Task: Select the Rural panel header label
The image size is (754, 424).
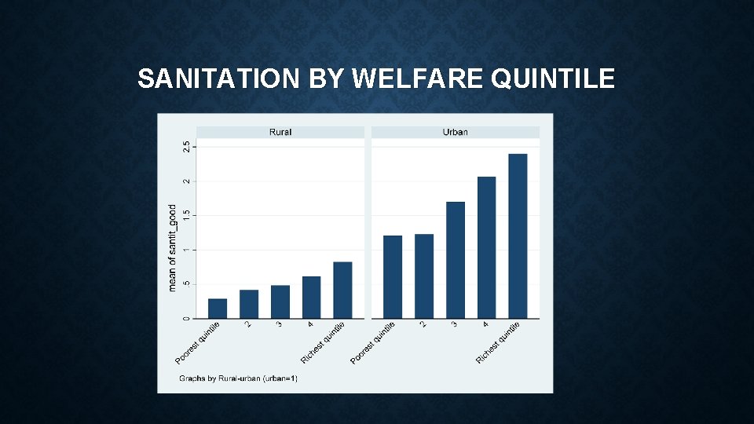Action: [x=280, y=132]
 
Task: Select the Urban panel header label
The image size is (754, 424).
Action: [x=455, y=132]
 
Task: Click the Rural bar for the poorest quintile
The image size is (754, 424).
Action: [x=218, y=309]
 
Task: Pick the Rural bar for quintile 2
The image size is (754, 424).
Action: [x=249, y=304]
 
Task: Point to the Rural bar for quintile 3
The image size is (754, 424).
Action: [x=280, y=302]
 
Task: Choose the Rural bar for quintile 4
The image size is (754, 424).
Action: [x=312, y=298]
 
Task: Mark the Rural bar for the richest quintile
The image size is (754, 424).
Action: [x=342, y=290]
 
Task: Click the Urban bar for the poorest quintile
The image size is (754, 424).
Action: [x=393, y=276]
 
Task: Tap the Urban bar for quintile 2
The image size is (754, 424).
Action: [x=424, y=276]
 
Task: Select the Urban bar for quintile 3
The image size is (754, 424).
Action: [x=456, y=260]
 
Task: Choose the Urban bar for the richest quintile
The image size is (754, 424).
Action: [x=518, y=236]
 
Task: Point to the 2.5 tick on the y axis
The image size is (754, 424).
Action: [x=186, y=147]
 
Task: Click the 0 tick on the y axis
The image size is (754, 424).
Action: [x=186, y=318]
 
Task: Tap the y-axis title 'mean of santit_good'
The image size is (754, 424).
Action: [x=173, y=248]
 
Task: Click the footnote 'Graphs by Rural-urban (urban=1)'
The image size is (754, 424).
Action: [x=238, y=378]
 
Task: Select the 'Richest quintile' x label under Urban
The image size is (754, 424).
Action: [x=499, y=342]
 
